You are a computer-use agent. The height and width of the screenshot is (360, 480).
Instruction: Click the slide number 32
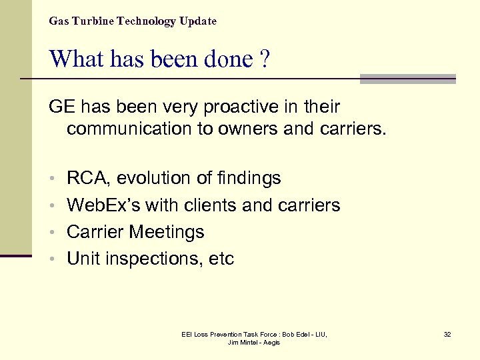(447, 334)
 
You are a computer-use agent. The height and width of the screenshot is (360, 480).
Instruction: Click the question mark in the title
(265, 59)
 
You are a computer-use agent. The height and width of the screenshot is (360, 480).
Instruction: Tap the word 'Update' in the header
(197, 21)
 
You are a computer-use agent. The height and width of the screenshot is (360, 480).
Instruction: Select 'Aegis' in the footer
(271, 343)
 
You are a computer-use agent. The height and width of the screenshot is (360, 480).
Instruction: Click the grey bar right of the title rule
(407, 79)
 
